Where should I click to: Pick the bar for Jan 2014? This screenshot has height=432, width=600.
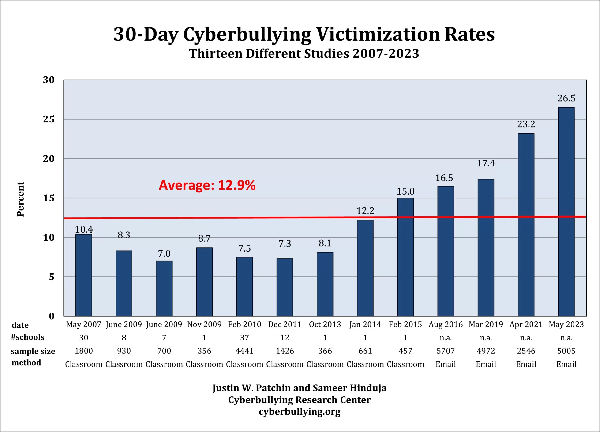coord(365,268)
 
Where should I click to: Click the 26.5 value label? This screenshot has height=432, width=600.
coord(566,98)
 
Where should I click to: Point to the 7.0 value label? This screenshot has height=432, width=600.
coord(164,253)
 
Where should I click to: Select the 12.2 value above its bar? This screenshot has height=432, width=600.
coord(365,211)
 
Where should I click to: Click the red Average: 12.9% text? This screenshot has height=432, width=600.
coord(207,185)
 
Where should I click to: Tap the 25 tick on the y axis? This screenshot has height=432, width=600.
coord(49,119)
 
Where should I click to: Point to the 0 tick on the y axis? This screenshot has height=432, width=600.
coord(52,316)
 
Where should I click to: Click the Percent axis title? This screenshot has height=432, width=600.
coord(20,199)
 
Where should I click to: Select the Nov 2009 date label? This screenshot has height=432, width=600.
coord(204,325)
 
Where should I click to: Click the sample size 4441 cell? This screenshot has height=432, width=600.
coord(244,351)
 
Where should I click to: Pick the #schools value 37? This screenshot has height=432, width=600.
coord(244,338)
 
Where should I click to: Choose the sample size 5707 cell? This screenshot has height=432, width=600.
coord(446,351)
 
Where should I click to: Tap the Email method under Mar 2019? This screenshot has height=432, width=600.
coord(486,364)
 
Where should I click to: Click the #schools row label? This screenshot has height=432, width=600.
coord(27,337)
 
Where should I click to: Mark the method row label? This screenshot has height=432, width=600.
coord(26,363)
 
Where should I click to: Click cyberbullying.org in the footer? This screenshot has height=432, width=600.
coord(300,411)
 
